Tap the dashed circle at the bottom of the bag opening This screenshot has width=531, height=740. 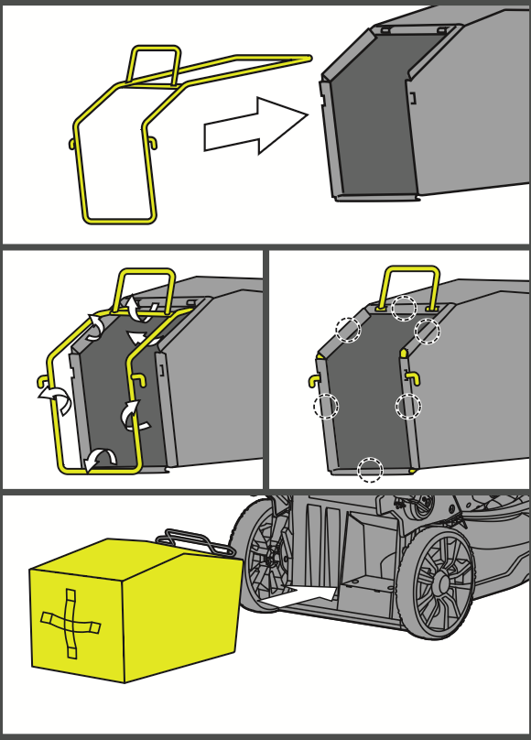[370, 470]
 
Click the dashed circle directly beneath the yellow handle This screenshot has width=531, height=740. [404, 309]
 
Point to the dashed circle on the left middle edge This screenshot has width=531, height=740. [326, 406]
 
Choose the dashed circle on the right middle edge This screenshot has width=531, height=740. [408, 406]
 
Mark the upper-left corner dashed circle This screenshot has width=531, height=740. [348, 330]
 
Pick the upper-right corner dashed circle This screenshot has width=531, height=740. [427, 331]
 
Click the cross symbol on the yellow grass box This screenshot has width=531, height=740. [70, 624]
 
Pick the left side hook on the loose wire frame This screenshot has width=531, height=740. [72, 144]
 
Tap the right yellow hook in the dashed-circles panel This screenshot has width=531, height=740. [413, 377]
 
